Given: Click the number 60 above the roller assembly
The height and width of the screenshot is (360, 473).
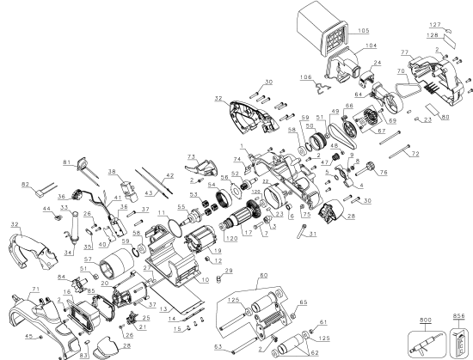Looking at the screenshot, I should point(263,273).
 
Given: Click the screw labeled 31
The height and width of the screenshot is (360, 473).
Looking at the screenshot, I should point(301,235).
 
